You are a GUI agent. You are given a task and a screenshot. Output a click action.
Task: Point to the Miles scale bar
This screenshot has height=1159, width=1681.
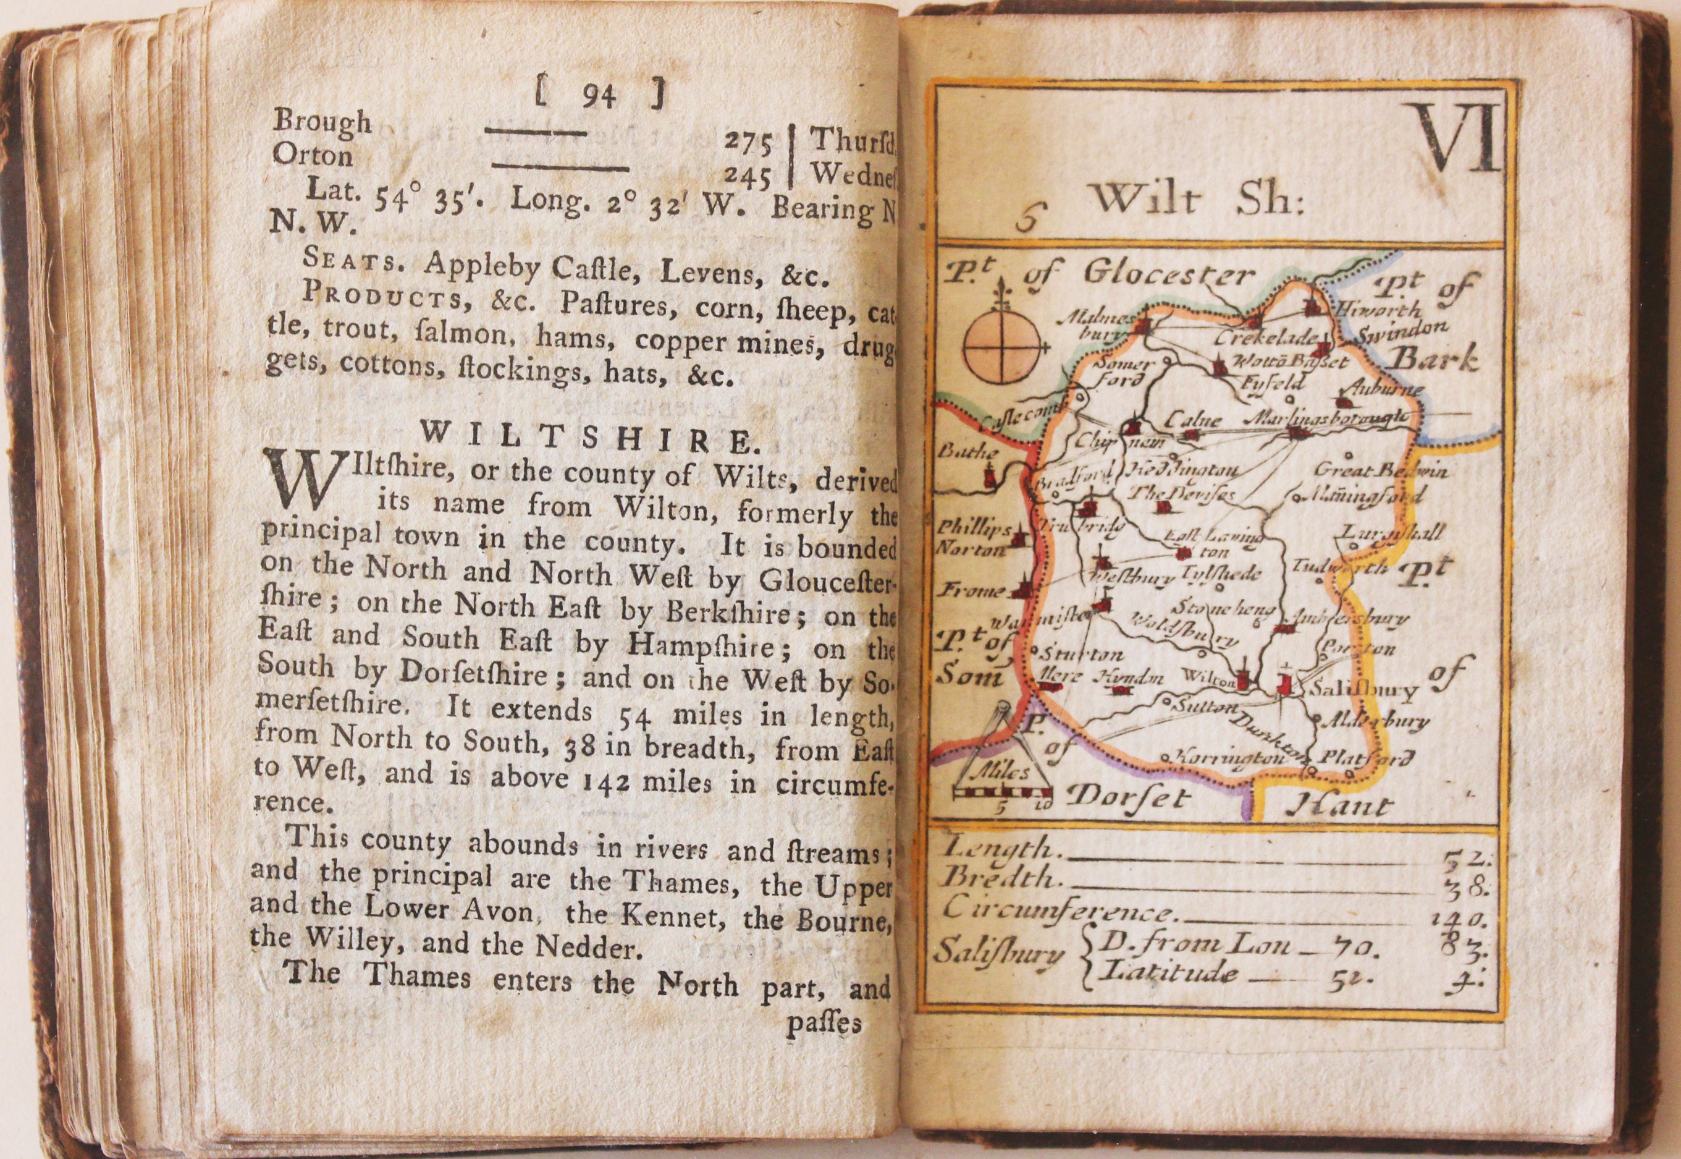point(1005,794)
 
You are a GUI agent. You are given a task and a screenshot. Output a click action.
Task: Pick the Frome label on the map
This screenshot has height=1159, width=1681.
point(967,590)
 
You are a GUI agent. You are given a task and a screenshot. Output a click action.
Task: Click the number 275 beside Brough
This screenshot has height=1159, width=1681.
point(748,143)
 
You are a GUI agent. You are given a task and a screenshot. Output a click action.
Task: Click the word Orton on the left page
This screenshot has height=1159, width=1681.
point(312,155)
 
